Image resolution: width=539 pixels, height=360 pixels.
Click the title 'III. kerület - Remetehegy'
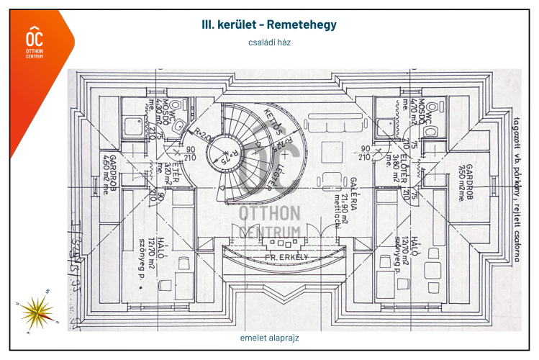[x=269, y=24]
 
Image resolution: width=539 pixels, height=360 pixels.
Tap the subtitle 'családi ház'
[x=269, y=42]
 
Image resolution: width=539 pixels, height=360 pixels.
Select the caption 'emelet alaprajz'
[x=269, y=337]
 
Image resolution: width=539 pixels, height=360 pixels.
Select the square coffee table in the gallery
[x=332, y=153]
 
